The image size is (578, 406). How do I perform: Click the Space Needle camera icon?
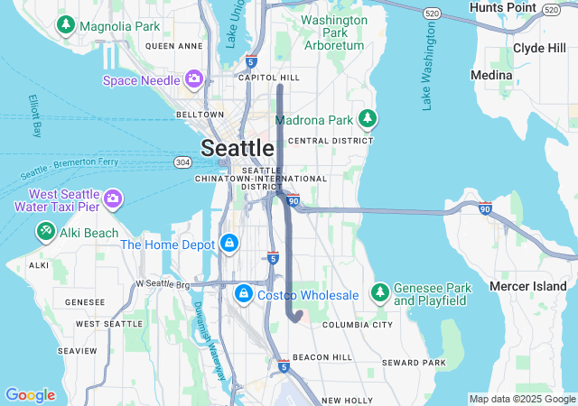(193, 79)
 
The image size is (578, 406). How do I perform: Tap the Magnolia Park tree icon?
(66, 25)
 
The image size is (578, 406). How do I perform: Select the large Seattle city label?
(238, 148)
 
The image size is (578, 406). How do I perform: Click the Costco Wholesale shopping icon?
(244, 294)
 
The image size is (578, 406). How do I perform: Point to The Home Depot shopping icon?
(230, 244)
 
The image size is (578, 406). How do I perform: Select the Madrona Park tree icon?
(367, 119)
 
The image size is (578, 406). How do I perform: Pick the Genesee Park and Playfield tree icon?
(379, 293)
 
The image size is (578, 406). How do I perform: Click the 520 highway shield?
(432, 14)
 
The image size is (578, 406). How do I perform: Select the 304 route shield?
(182, 162)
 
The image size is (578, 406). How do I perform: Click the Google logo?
(30, 394)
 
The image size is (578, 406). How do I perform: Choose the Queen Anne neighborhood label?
(173, 45)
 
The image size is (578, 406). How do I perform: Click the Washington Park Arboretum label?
(332, 32)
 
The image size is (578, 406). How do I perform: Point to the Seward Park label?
(414, 363)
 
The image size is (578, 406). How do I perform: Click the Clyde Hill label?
(539, 48)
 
